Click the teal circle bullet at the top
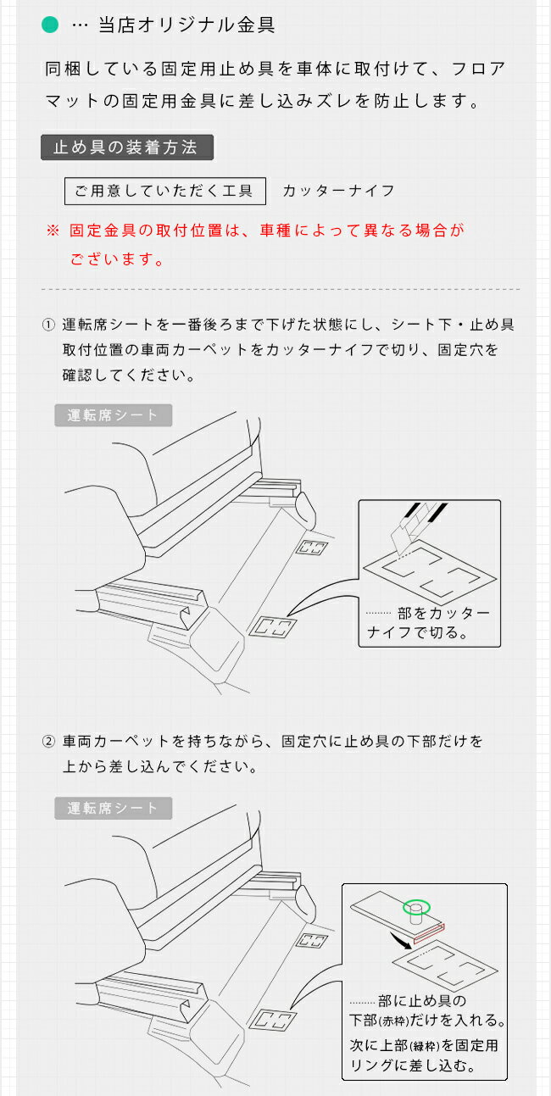pos(50,25)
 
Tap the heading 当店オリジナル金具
pos(186,25)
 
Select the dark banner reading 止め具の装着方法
pos(127,147)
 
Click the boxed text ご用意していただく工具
pos(165,191)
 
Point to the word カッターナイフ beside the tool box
pos(338,191)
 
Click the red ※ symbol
pos(53,231)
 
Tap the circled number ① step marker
pos(48,325)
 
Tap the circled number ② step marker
pos(48,742)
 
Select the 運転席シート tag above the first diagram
pos(113,415)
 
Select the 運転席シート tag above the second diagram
pos(113,809)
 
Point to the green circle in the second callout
pos(416,908)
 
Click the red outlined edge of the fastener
pos(429,935)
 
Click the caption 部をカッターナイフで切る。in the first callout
pos(428,623)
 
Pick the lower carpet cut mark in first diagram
pos(273,626)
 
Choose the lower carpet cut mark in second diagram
pos(273,1021)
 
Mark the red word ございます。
pos(117,259)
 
